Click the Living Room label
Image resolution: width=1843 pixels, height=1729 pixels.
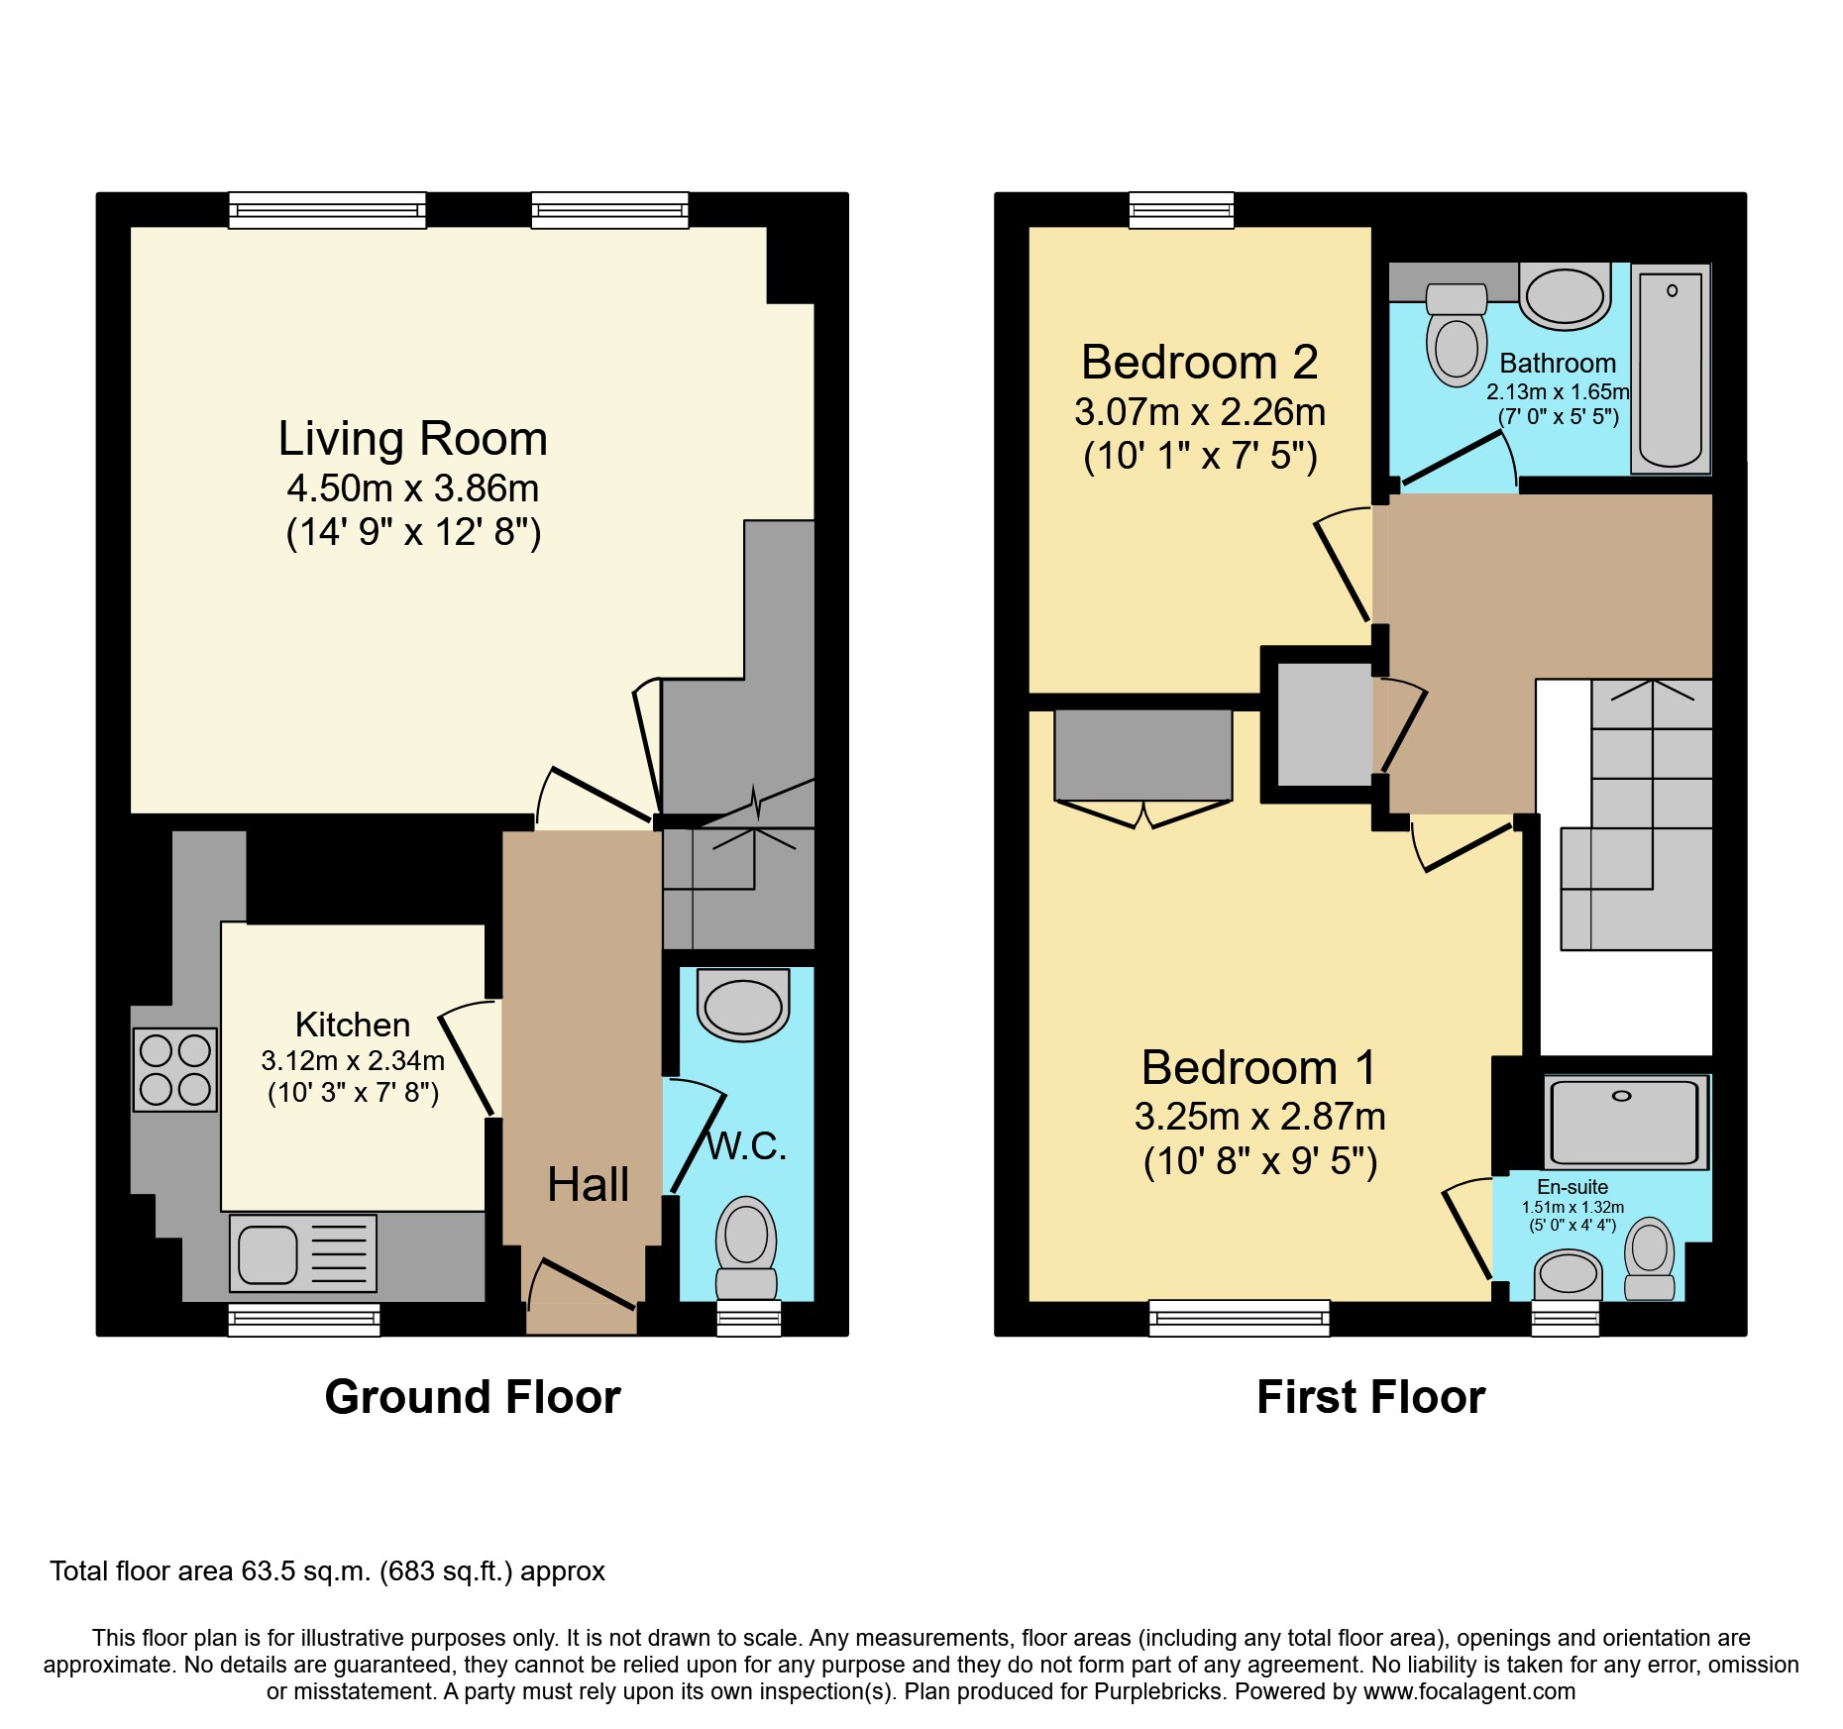coord(412,439)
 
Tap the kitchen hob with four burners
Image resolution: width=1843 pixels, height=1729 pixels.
coord(175,1069)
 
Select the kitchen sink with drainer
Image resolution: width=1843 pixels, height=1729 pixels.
coord(303,1253)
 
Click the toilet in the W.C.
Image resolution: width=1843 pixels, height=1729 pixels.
coord(746,1247)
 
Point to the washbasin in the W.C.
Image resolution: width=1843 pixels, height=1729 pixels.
coord(743,1005)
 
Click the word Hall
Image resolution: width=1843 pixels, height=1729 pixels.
coord(588,1184)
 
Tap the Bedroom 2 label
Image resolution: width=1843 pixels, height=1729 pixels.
coord(1199,362)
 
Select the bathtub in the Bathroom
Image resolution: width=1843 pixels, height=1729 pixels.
coord(1671,368)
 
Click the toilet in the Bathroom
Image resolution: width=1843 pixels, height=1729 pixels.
coord(1457,335)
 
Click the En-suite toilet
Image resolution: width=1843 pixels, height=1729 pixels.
coord(1650,1258)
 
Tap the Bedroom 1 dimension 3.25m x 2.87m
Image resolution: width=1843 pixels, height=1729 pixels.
coord(1259,1117)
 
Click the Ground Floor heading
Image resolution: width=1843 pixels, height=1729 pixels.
coord(473,1397)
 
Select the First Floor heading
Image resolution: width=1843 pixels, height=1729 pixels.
coord(1370,1397)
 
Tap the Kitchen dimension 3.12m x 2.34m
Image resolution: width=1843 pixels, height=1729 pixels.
coord(353,1060)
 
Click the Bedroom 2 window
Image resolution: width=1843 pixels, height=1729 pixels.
coord(1182,210)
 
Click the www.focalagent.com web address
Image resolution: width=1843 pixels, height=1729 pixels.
coord(1469,1691)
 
